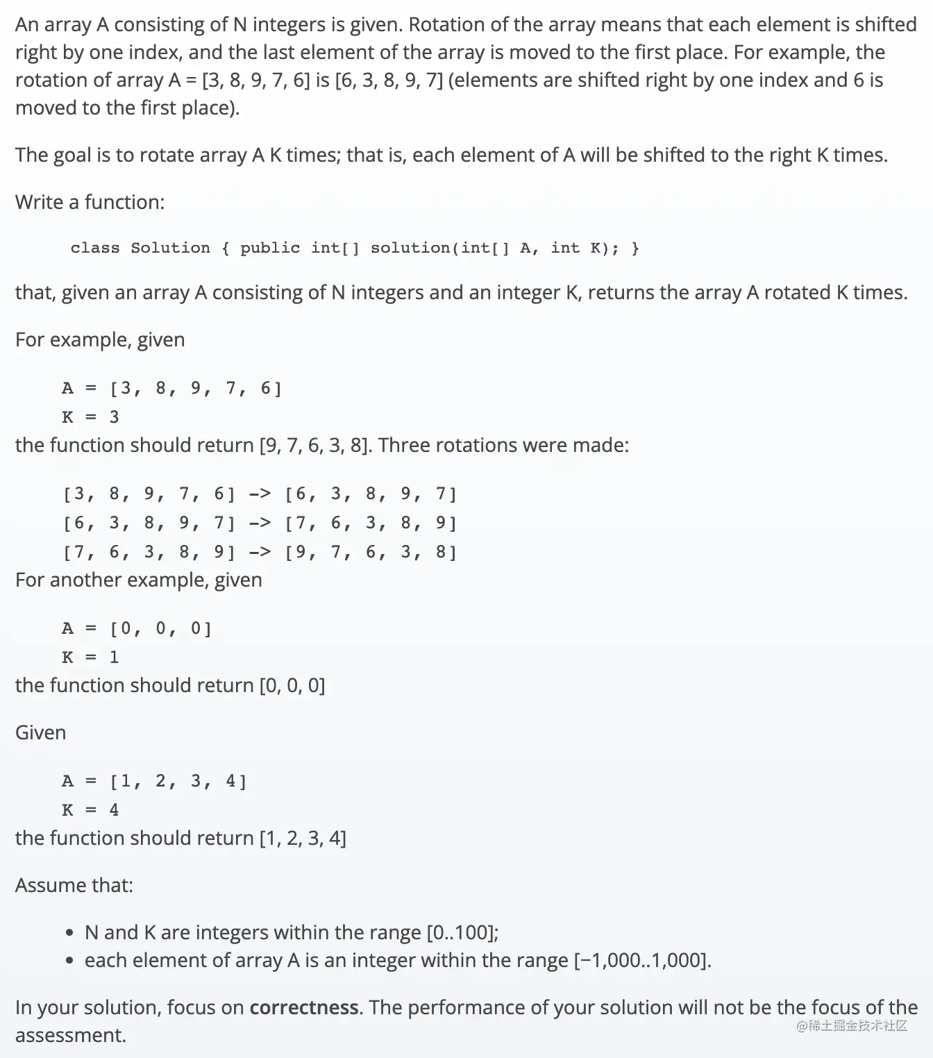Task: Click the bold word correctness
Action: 304,1007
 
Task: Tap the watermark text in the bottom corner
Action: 852,1026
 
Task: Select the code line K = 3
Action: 90,417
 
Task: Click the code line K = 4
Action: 90,809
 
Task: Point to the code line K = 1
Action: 90,657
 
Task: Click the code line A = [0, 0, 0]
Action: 137,628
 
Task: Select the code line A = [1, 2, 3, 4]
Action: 154,781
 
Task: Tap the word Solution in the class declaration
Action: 170,248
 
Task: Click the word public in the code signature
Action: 270,248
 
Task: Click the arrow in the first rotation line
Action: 260,494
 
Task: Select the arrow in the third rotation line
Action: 260,552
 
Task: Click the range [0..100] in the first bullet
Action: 461,932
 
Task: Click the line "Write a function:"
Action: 90,202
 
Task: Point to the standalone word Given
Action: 40,732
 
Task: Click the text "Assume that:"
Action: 74,885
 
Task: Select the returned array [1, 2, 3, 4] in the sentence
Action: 302,838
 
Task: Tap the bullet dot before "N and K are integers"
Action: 69,933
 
